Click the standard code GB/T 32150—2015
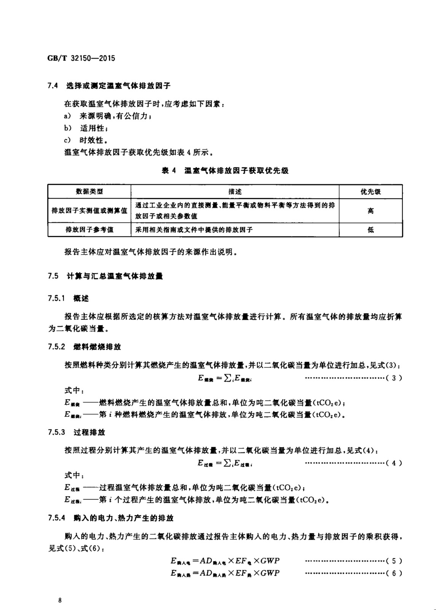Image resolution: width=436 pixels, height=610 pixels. (81, 58)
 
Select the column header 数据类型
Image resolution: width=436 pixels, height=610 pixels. (89, 192)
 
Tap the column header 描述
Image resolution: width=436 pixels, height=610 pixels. (235, 192)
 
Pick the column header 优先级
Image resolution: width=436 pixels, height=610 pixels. (371, 192)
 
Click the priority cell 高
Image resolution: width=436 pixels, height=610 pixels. (371, 211)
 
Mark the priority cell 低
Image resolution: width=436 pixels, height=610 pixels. (371, 230)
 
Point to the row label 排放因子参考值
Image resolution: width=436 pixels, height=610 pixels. (89, 230)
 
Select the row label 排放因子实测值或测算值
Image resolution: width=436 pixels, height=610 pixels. (89, 211)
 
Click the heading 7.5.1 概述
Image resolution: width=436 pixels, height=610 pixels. (68, 299)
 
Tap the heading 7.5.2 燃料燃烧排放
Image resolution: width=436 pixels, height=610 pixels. (85, 347)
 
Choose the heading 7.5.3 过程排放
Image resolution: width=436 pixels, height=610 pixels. (77, 432)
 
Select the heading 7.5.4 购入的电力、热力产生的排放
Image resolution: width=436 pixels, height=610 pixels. (110, 518)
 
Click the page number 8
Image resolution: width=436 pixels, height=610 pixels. (60, 601)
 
